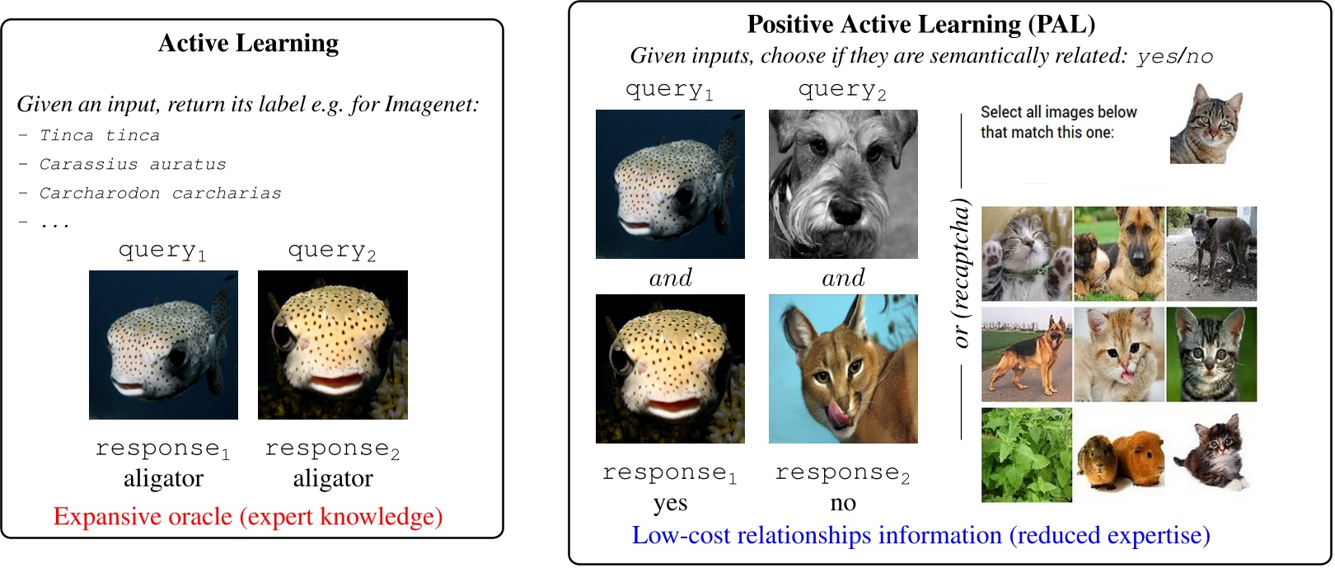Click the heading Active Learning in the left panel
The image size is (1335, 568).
[x=248, y=43]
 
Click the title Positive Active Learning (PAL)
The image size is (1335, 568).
[x=920, y=24]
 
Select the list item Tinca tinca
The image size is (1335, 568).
[x=100, y=135]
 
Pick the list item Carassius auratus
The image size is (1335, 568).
[x=133, y=164]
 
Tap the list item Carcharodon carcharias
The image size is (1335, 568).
[x=160, y=193]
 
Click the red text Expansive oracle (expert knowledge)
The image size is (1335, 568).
[x=248, y=517]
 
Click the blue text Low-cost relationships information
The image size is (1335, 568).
[x=920, y=536]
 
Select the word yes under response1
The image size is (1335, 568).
[x=670, y=503]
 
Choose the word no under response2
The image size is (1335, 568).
[x=843, y=503]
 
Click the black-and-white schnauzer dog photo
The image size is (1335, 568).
[x=843, y=184]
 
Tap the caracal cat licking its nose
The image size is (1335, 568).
[x=843, y=368]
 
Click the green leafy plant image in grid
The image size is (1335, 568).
[x=1027, y=455]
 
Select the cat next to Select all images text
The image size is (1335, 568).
[x=1206, y=124]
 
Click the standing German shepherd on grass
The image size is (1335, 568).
[x=1027, y=354]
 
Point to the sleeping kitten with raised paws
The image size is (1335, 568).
[x=1027, y=254]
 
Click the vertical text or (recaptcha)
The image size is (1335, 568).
[x=961, y=273]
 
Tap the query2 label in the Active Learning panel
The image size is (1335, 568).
[x=332, y=251]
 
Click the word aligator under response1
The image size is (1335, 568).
[x=163, y=479]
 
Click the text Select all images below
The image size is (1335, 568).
[x=1058, y=112]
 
